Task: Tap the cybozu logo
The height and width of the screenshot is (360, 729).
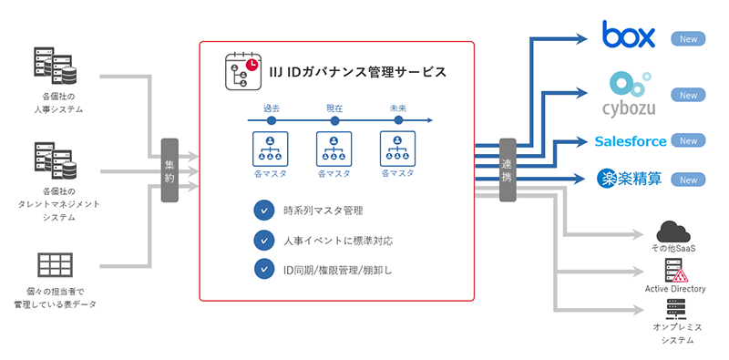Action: click(x=629, y=95)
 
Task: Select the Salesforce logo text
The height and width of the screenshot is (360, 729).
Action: click(x=631, y=141)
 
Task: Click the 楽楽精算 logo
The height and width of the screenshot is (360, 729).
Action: click(x=630, y=179)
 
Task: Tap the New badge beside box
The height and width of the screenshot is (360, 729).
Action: click(x=689, y=39)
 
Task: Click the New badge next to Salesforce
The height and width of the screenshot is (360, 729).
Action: click(x=689, y=141)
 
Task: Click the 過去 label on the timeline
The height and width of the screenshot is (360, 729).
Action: click(x=271, y=108)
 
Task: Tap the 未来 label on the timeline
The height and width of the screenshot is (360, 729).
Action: click(x=397, y=108)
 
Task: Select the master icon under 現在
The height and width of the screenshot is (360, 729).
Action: click(x=334, y=148)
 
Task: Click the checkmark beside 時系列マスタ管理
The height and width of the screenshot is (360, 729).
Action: click(x=264, y=211)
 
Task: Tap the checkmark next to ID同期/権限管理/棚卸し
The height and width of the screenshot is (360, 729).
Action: click(x=264, y=269)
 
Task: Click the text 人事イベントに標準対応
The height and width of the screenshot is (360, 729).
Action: click(x=338, y=241)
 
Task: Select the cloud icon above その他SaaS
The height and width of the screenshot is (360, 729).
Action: click(x=675, y=232)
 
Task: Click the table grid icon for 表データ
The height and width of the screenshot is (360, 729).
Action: click(x=55, y=264)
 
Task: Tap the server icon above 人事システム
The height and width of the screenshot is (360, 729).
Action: click(x=55, y=66)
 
